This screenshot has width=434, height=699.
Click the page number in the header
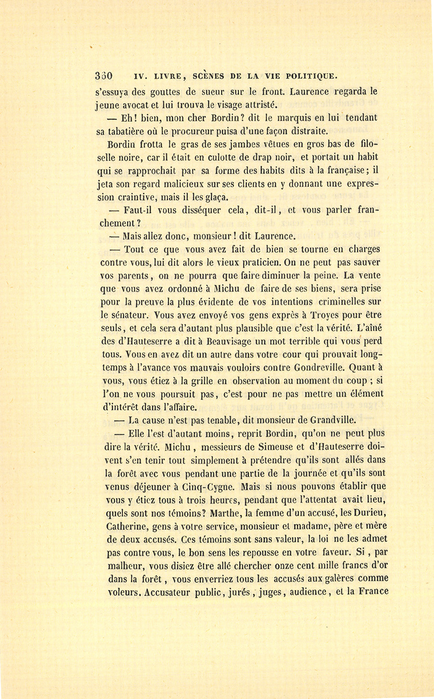104,76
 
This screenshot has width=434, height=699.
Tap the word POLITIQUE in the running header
312,76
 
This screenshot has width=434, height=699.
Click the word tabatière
127,131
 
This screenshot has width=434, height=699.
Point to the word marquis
277,118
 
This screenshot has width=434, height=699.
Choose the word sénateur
130,315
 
